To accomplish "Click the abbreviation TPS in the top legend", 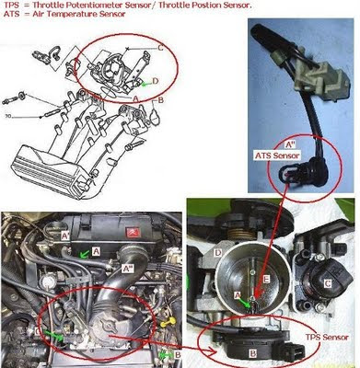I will point(13,6).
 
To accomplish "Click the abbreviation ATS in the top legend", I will point(13,17).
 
